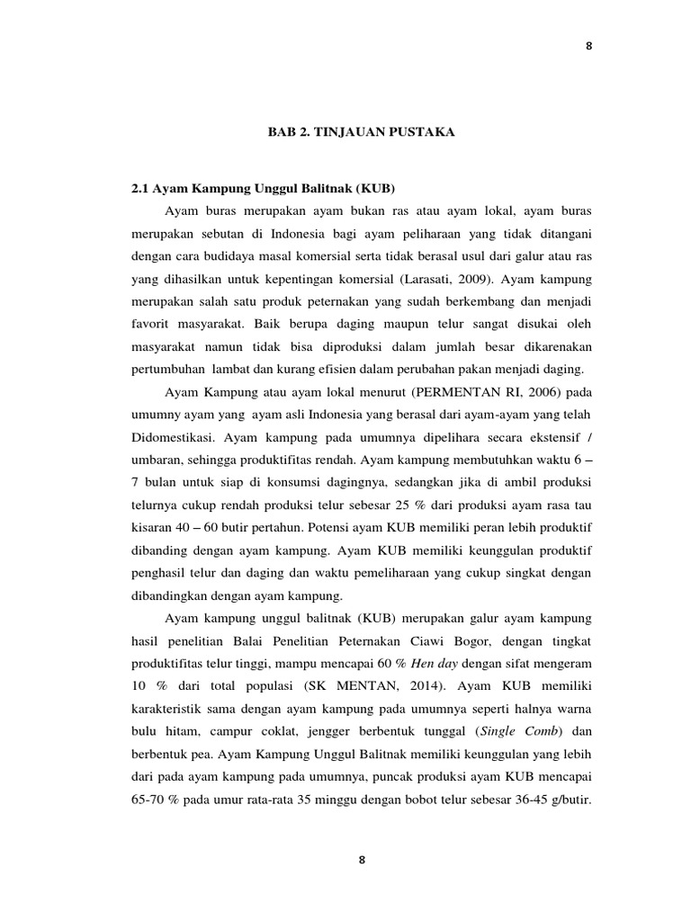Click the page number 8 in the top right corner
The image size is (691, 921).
[590, 48]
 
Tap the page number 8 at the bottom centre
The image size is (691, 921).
[362, 859]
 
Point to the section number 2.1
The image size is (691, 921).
[140, 190]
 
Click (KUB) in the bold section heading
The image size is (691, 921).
[376, 190]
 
